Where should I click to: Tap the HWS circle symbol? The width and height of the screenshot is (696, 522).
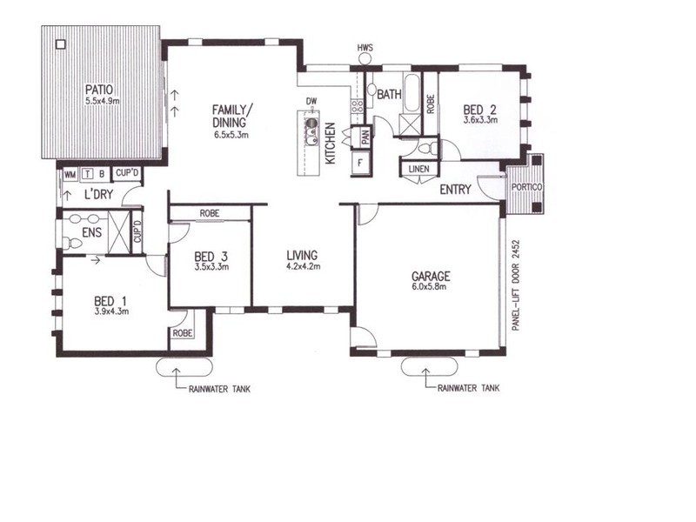click(x=365, y=58)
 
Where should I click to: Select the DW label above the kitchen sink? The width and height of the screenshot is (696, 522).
click(x=311, y=102)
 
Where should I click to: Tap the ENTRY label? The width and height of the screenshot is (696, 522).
click(x=456, y=190)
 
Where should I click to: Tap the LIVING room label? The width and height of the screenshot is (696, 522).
click(x=303, y=255)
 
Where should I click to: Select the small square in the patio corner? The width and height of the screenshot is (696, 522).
click(x=60, y=44)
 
